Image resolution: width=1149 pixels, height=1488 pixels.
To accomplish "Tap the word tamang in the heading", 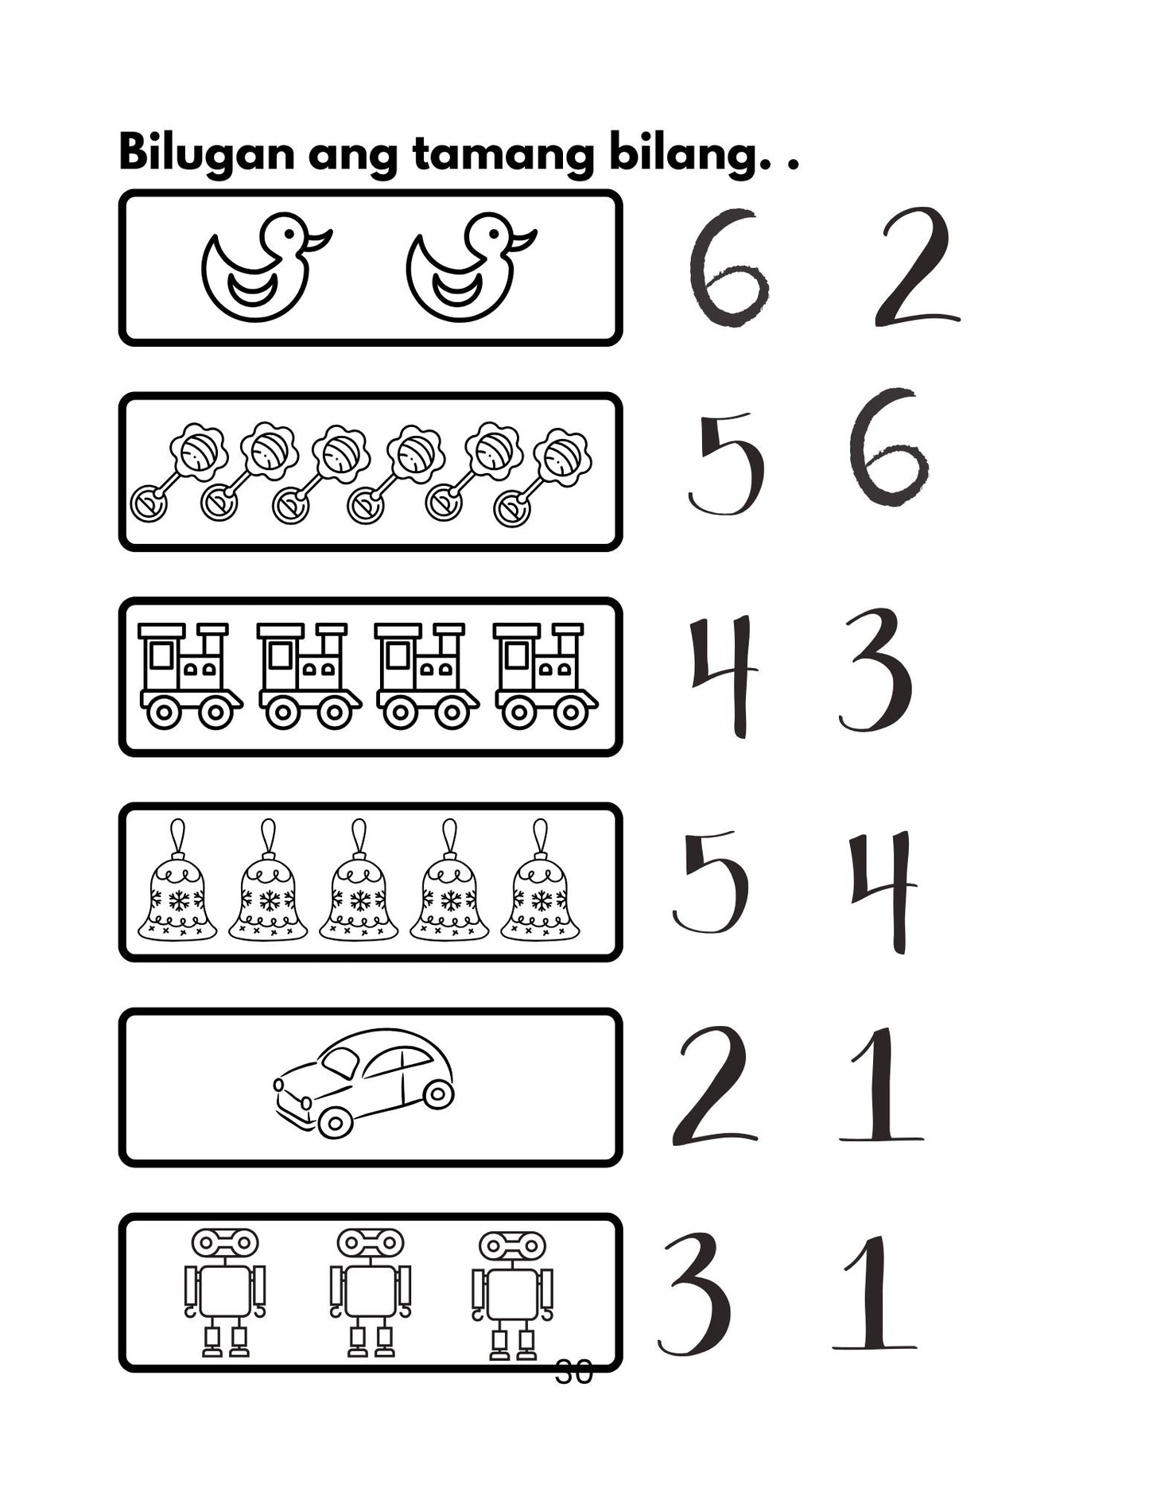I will (503, 155).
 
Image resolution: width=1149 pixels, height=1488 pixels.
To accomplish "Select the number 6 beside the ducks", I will (728, 268).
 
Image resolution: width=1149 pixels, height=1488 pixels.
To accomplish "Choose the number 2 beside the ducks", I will (917, 268).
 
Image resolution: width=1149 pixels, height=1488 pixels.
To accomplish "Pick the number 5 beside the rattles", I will (726, 464).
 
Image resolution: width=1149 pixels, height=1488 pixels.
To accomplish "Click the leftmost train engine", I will (189, 676).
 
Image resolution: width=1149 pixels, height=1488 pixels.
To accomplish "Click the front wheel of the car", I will (335, 1121).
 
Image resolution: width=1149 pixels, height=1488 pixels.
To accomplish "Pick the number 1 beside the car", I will (881, 1086).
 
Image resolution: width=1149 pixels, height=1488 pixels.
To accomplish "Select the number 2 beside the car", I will (713, 1086).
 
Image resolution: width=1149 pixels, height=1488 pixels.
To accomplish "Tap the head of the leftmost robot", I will (225, 1241).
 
